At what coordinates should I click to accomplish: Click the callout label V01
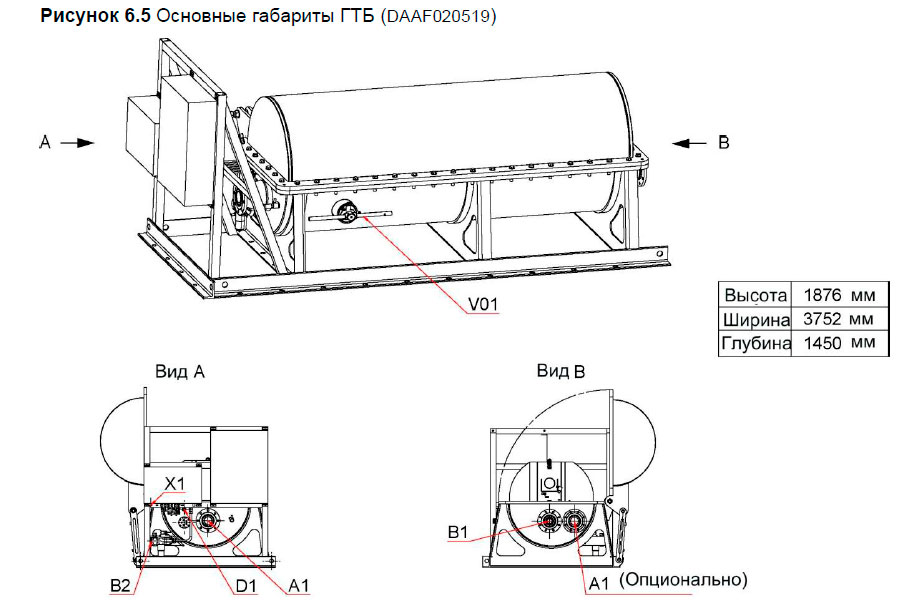click(x=481, y=302)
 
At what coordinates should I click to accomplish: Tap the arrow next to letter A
click(x=77, y=143)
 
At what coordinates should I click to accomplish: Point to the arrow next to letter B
click(x=691, y=143)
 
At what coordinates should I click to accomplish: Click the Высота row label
click(x=755, y=295)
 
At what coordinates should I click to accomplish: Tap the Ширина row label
click(x=755, y=319)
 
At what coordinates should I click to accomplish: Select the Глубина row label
click(x=755, y=344)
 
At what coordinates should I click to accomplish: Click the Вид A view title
click(x=180, y=371)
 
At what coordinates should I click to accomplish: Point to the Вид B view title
click(x=560, y=371)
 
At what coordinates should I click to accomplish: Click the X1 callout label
click(x=175, y=483)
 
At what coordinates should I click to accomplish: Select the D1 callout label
click(x=246, y=583)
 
